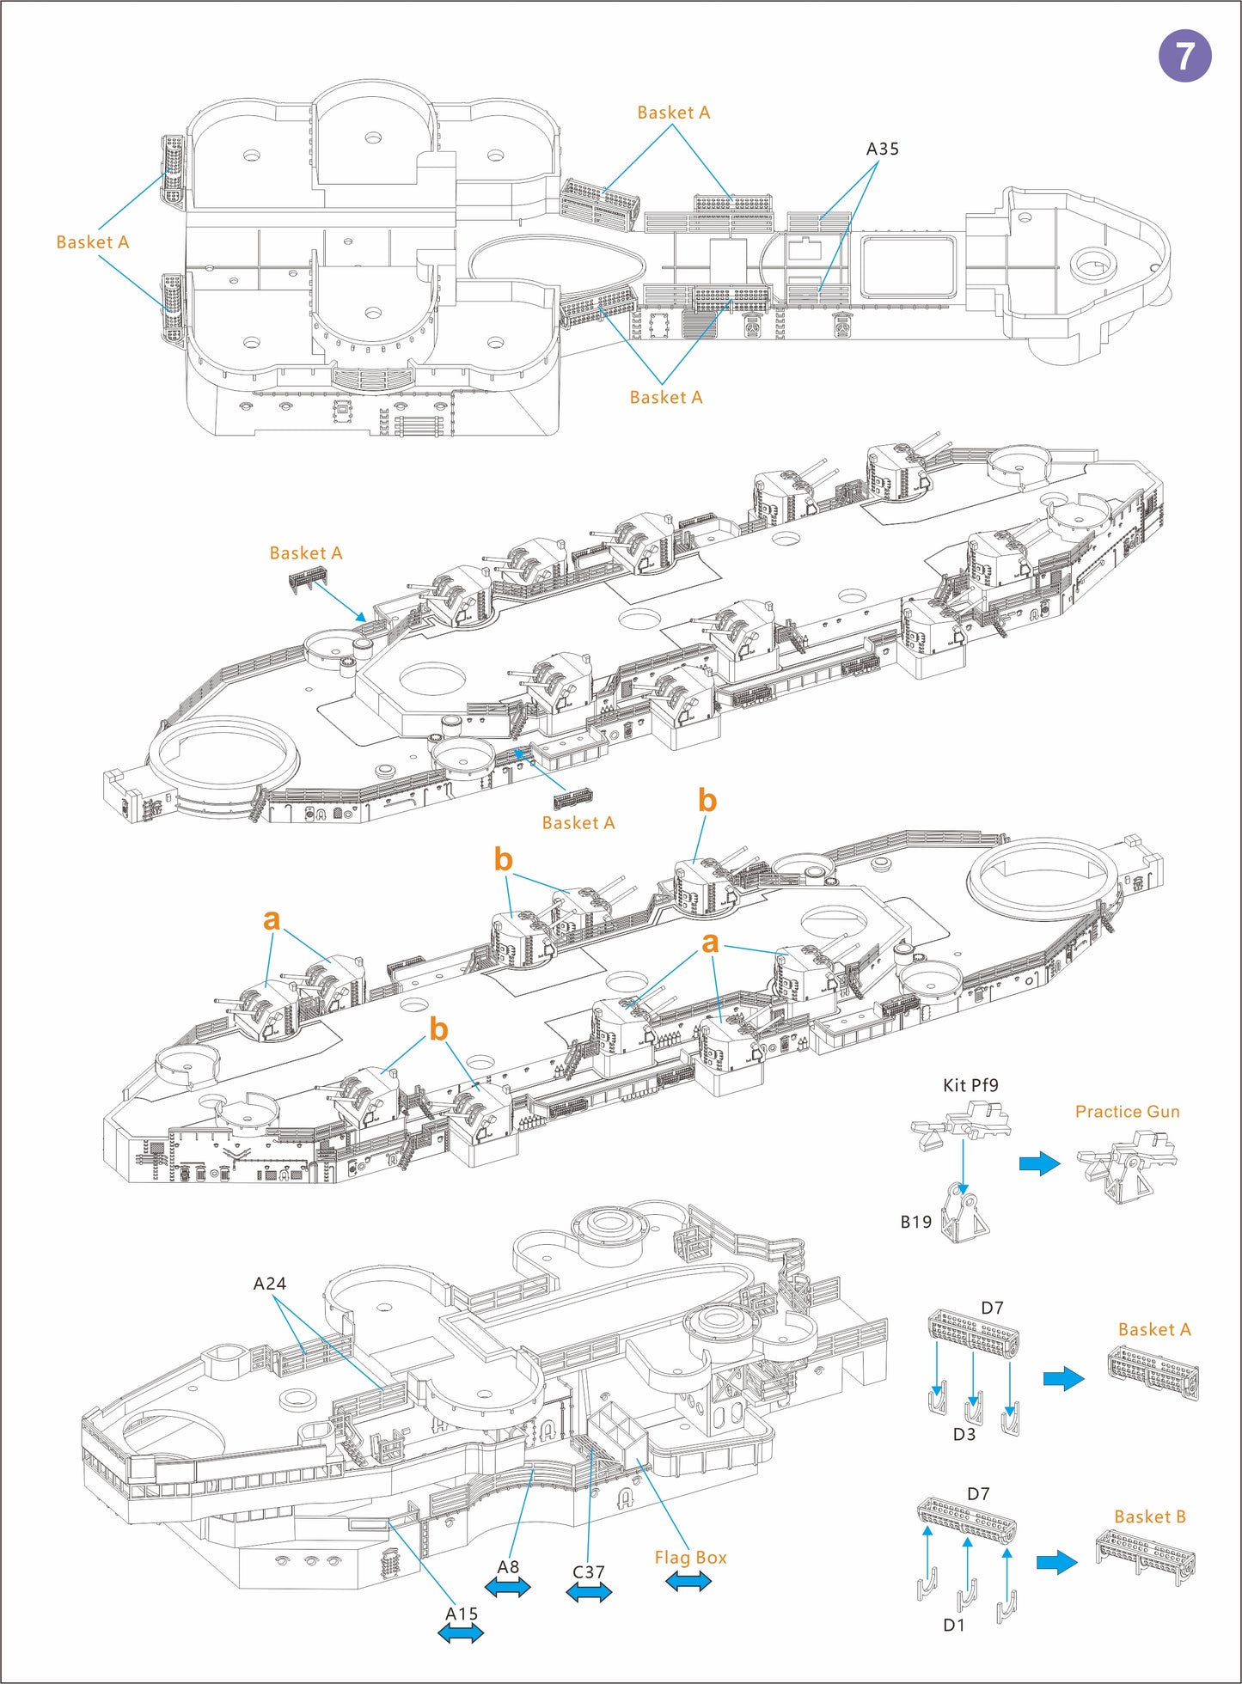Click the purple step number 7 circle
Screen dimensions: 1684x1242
[1184, 56]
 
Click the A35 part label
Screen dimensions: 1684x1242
[882, 149]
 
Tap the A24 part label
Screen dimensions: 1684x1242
[269, 1284]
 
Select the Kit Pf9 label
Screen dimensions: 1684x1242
[970, 1085]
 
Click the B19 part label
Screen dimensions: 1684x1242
[915, 1222]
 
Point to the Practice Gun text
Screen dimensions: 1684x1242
[1127, 1112]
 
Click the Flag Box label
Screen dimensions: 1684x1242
[690, 1558]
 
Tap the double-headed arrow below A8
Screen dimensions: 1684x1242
[508, 1588]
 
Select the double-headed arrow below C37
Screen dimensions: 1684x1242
[589, 1593]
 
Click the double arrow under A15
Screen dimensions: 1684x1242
[461, 1635]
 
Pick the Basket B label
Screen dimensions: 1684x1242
[1149, 1517]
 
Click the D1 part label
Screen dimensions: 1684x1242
[953, 1625]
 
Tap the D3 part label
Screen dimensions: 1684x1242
[964, 1434]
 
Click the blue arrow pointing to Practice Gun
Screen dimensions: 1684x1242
[1040, 1163]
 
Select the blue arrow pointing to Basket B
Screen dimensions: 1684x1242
[1056, 1562]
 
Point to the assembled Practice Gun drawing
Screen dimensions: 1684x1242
[1126, 1164]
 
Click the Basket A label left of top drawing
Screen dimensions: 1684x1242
[92, 242]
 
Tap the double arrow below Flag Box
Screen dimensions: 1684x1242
[688, 1581]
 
